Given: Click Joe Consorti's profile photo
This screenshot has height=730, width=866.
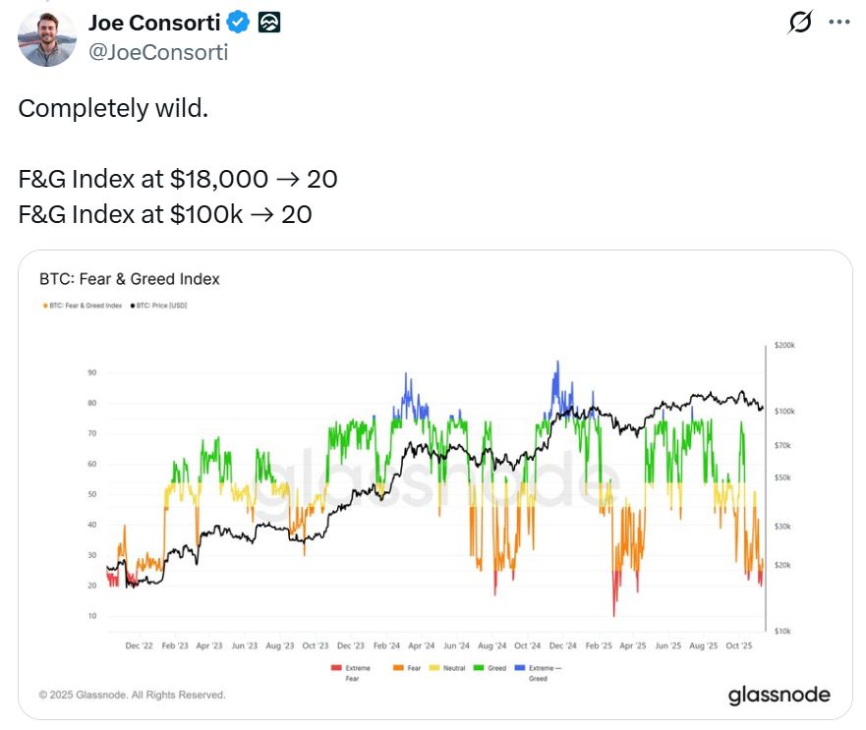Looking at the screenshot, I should coord(47,38).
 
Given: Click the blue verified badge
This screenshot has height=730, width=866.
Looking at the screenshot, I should coord(240,22).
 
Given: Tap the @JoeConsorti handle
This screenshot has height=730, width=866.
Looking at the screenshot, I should coord(158,52).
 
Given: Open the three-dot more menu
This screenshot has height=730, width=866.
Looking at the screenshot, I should coord(837,23).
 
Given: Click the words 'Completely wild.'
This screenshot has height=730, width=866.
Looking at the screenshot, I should coord(113,108).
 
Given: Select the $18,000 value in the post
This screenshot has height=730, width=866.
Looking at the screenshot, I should coord(217,179).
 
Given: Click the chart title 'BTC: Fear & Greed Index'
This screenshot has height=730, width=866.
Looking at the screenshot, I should coord(129,279).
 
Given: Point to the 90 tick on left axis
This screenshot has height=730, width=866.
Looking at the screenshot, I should coord(91,372).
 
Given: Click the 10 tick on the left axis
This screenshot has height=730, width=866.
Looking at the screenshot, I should coord(91,616).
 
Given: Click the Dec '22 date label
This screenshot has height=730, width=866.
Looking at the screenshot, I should coord(140,646).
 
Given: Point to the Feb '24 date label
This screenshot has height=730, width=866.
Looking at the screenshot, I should coord(386,646).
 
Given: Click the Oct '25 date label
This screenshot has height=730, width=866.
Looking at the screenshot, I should coord(738,646).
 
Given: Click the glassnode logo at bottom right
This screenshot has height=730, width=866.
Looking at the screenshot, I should coord(779,696).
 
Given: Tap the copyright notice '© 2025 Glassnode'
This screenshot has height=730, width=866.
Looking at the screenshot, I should coord(132,695).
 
